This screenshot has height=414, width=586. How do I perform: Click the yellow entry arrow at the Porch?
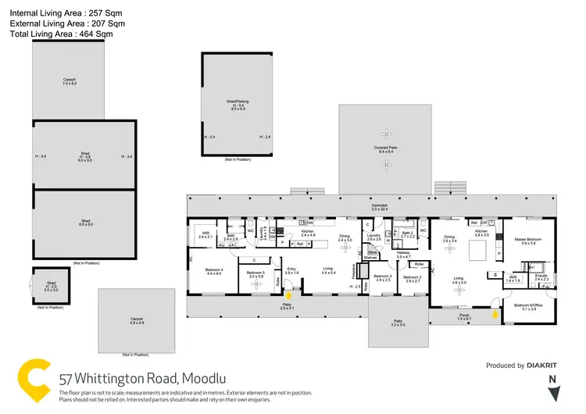(x=495, y=315)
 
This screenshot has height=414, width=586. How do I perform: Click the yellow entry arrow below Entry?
(x=288, y=295)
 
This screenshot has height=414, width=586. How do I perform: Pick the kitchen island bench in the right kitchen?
(x=478, y=250)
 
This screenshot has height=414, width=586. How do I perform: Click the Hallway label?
(x=403, y=254)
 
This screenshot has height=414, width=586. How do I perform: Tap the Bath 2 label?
(x=407, y=233)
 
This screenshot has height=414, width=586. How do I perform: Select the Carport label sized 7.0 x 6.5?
(x=70, y=80)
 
